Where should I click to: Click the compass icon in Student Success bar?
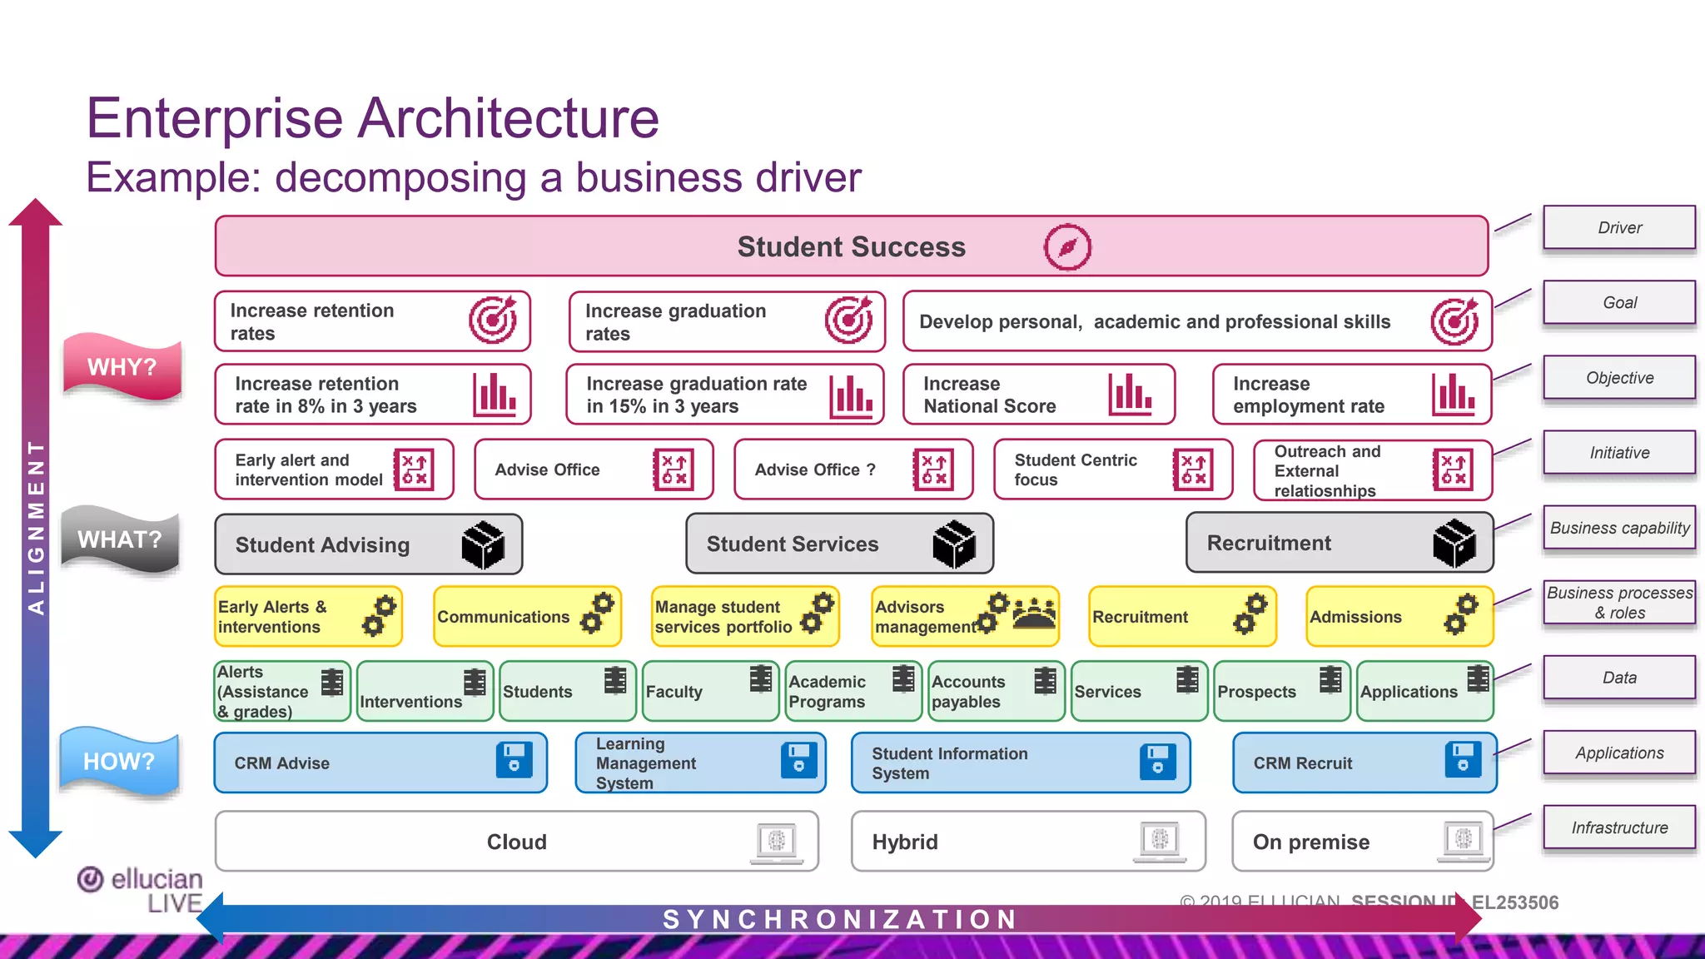coord(1067,247)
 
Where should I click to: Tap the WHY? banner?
coord(122,366)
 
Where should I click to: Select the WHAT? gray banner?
coord(121,539)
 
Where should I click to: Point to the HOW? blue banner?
coord(119,761)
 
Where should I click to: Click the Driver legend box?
coord(1618,227)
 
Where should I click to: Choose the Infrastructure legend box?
coord(1618,827)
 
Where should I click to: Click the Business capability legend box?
coord(1618,528)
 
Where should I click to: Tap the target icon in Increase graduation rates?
coord(848,320)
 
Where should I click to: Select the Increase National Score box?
coord(1038,395)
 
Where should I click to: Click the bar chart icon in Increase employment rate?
coord(1454,394)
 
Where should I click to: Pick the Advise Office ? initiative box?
coord(852,470)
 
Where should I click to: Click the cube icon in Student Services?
coord(954,544)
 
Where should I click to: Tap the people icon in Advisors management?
coord(1034,613)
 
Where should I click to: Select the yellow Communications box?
coord(527,617)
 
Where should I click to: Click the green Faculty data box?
coord(710,691)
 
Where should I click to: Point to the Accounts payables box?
coord(996,691)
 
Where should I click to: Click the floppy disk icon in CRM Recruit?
coord(1463,759)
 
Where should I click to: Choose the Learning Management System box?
coord(699,763)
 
